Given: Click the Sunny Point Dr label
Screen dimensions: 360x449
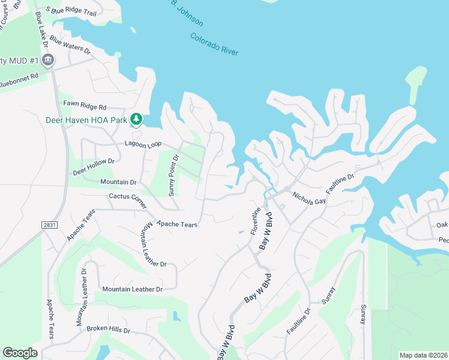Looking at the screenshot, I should coord(173,175).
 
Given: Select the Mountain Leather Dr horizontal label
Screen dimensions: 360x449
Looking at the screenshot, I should coord(132,289).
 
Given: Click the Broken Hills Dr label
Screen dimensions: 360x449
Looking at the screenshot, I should coord(108,329).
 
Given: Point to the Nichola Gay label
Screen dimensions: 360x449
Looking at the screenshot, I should coord(309,198).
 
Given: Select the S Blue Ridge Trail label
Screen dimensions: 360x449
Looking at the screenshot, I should coord(74,11).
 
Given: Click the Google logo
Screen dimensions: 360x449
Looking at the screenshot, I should coord(20,353).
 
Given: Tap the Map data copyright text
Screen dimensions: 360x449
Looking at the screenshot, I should coord(423,355).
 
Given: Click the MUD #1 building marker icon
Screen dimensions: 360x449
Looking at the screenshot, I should coord(49,60).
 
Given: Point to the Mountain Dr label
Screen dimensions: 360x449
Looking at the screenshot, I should coord(118,182).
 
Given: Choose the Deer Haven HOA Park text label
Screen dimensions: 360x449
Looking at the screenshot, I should coord(86,120).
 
